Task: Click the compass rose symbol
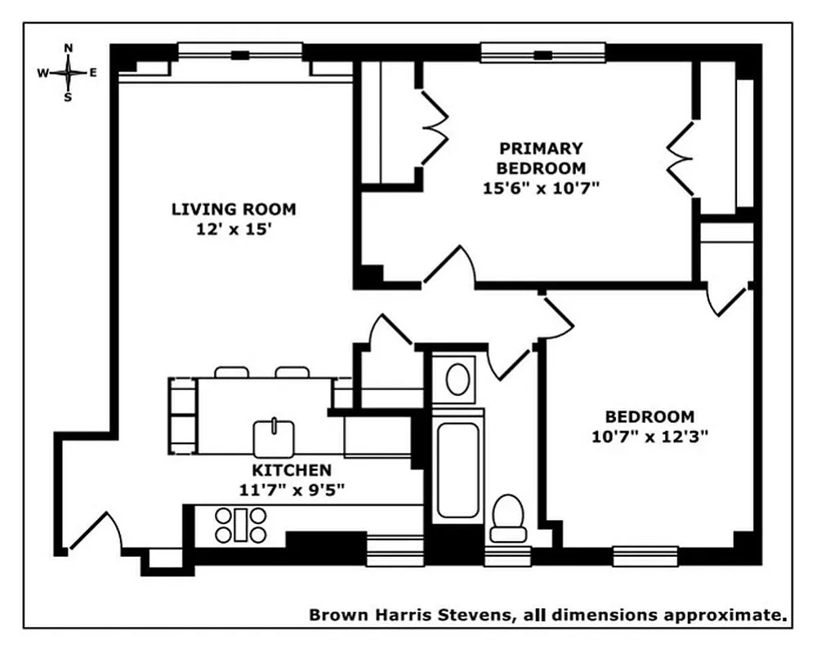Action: (68, 72)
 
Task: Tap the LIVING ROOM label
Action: (233, 209)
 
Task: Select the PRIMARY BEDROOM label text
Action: (542, 158)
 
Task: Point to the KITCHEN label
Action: (291, 470)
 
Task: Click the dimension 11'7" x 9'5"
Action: (291, 491)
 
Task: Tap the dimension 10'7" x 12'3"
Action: (650, 436)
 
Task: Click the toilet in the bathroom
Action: (508, 518)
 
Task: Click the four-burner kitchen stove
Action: (241, 525)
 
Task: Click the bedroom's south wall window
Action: (645, 556)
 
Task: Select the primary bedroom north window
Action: (542, 54)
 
